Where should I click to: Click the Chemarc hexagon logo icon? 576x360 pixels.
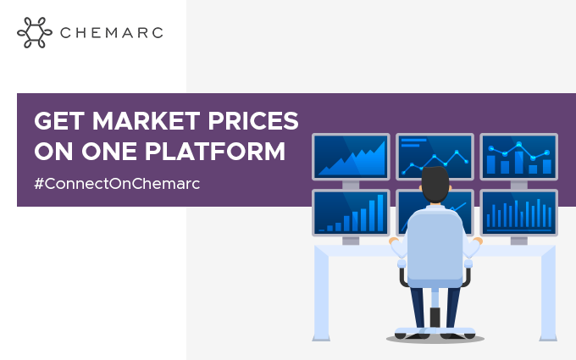[35, 32]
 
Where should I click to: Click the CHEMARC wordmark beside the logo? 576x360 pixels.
[112, 33]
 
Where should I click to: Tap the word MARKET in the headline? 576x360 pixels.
[147, 121]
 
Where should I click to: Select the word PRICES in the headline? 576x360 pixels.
[253, 121]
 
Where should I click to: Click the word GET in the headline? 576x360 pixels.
[59, 121]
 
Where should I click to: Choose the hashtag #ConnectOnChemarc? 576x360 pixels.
[117, 183]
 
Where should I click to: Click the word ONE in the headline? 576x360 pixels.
[109, 151]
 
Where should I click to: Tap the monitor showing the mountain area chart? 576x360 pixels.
[351, 157]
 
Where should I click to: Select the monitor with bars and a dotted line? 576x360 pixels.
[518, 157]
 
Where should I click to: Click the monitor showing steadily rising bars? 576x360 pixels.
[351, 213]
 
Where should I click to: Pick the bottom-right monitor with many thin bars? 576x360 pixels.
[518, 213]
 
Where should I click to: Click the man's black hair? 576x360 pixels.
[435, 184]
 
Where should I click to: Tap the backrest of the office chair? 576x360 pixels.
[435, 248]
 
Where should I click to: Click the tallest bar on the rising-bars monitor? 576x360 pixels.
[380, 213]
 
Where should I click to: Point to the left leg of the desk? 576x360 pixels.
[321, 294]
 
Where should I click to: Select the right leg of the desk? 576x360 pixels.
[548, 294]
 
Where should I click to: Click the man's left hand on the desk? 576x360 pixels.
[393, 241]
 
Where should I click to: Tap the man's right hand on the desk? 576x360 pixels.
[478, 241]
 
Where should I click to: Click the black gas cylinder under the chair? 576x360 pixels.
[435, 317]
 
